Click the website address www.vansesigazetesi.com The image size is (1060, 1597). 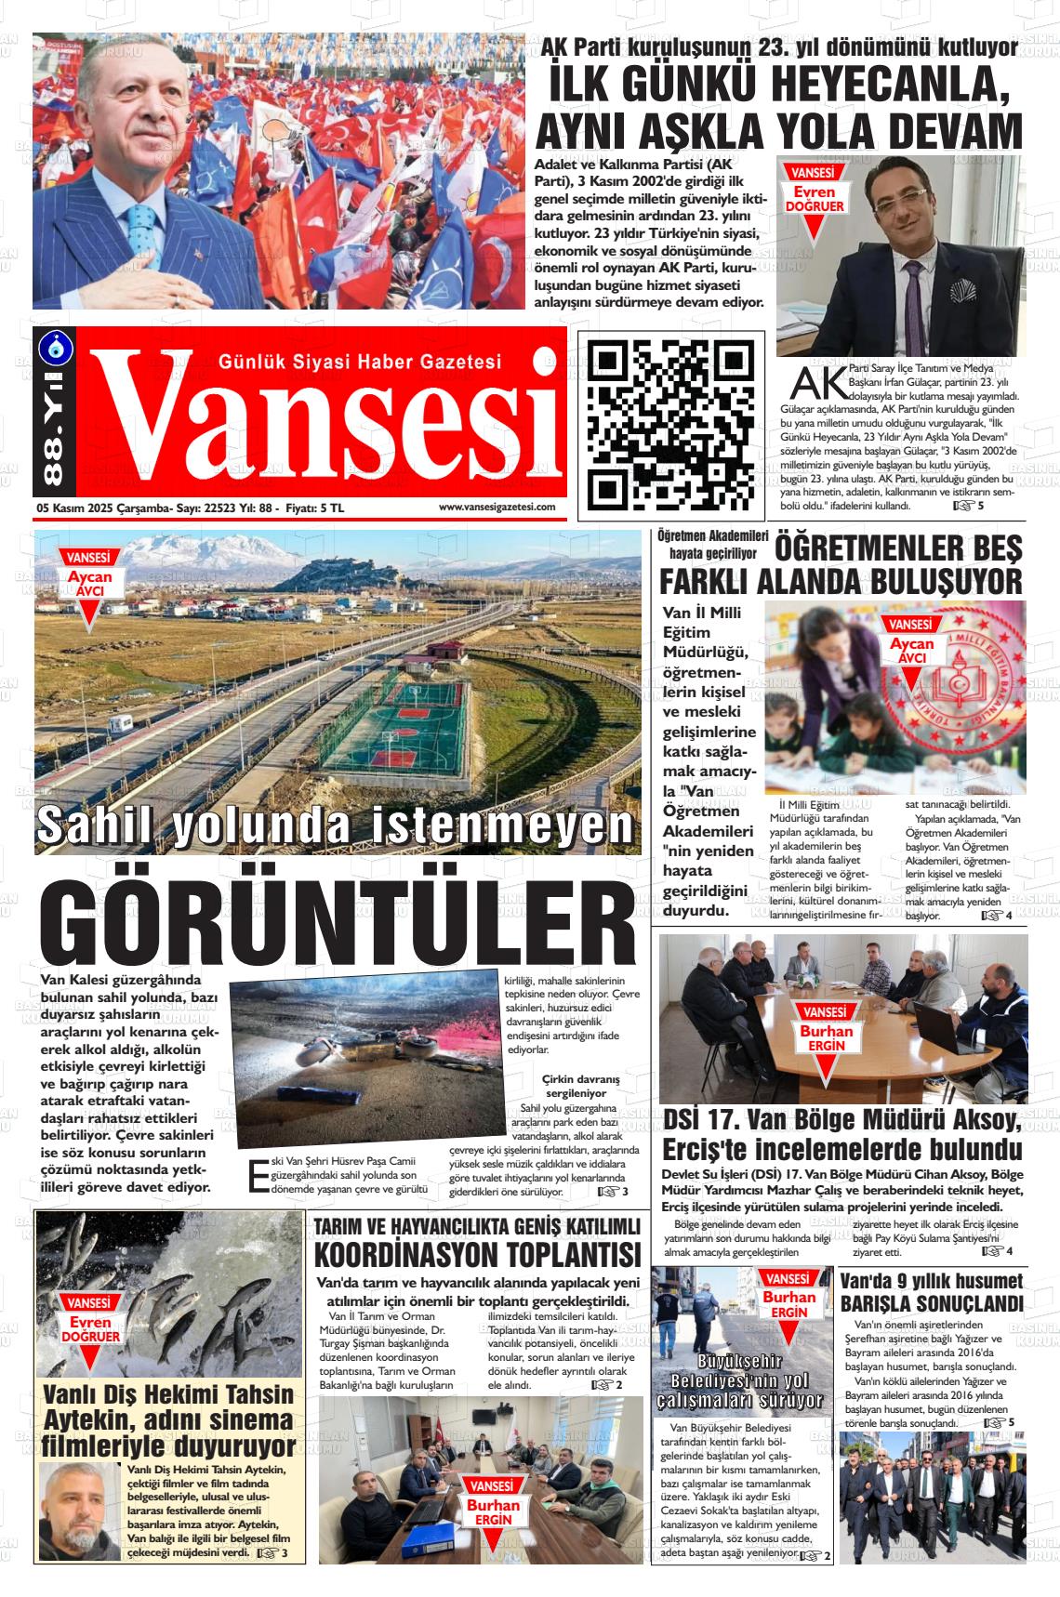point(497,508)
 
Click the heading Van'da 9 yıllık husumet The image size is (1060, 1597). point(931,1279)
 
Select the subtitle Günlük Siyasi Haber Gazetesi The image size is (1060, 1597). point(359,361)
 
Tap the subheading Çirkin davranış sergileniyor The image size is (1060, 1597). point(582,1086)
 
